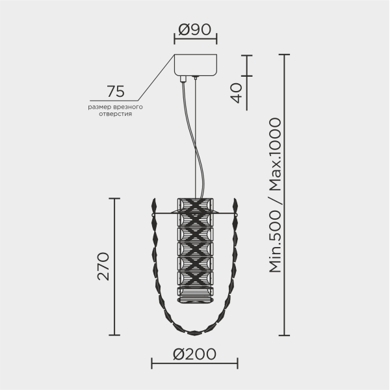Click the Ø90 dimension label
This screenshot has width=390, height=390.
point(195,29)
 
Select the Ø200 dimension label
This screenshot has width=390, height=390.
point(194,354)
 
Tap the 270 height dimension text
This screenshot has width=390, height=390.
point(103,266)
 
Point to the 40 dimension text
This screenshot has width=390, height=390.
point(236,93)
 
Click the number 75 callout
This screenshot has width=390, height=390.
point(116,91)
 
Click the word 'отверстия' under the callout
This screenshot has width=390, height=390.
point(116,114)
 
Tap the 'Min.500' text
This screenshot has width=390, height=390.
point(276,242)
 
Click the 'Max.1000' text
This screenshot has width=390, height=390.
point(276,155)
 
